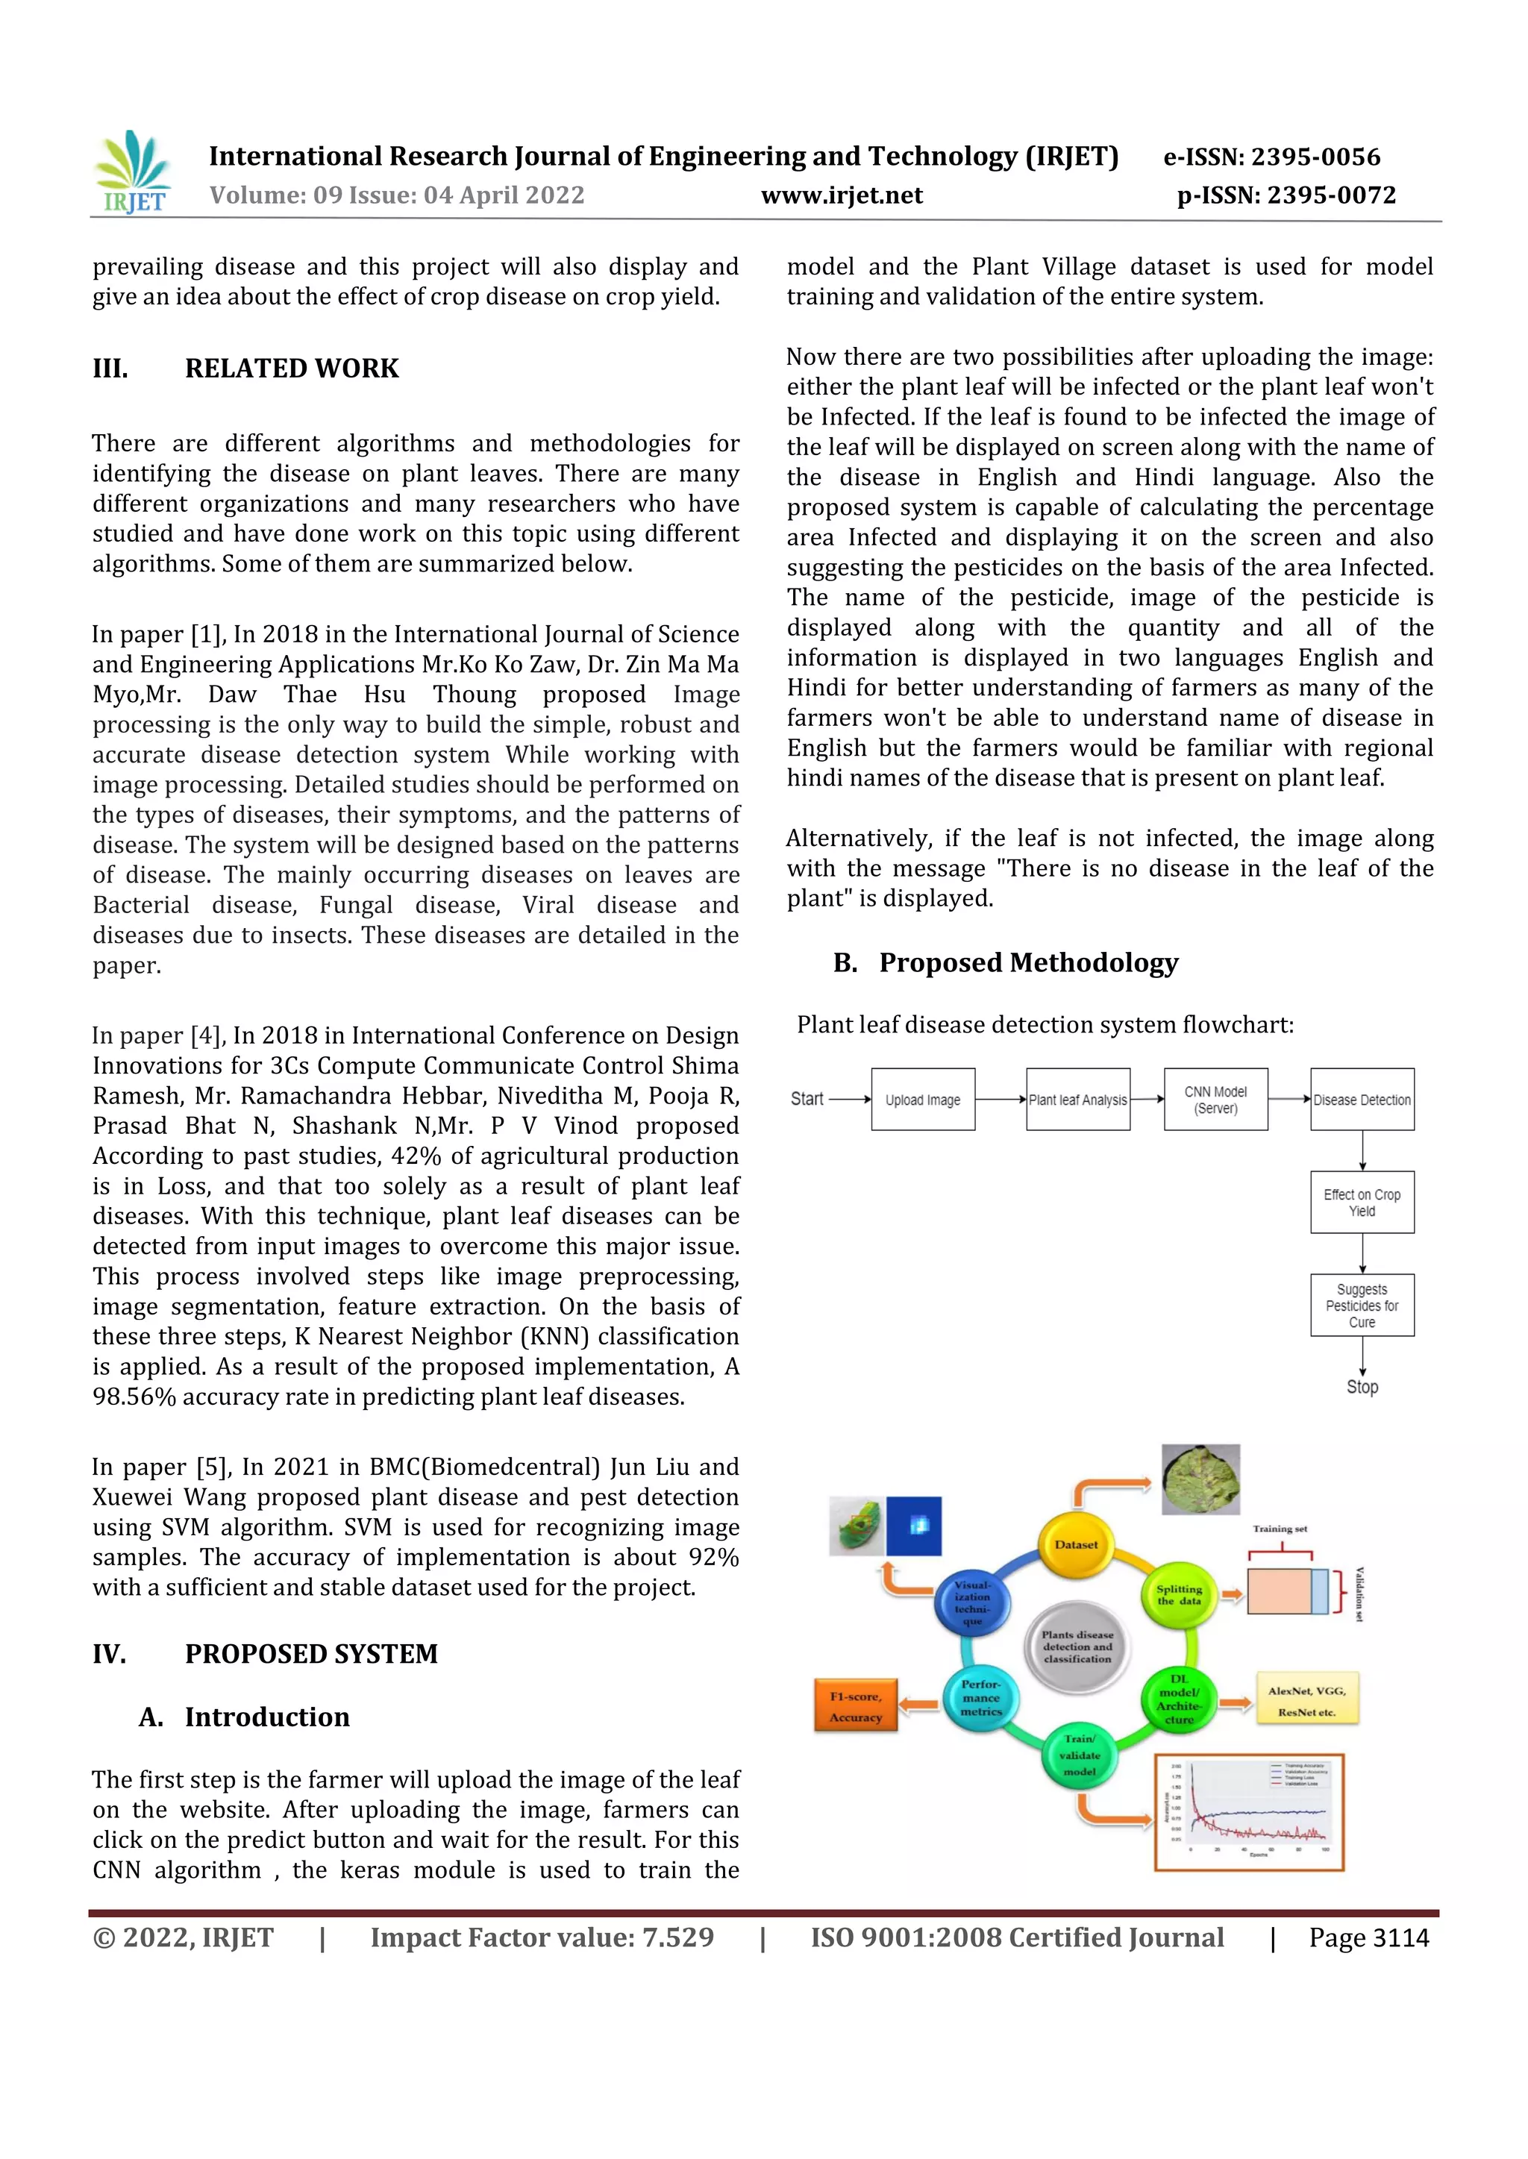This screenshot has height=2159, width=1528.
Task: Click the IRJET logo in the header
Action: [x=133, y=172]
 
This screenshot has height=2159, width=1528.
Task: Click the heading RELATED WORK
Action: [x=292, y=369]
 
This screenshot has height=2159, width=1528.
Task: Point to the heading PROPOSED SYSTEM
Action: [x=310, y=1654]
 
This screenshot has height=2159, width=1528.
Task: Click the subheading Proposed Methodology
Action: [x=1027, y=962]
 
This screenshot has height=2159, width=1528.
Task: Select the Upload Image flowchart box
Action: [x=922, y=1099]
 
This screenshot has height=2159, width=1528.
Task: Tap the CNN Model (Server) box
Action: [x=1215, y=1099]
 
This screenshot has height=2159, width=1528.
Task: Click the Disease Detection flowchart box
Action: [x=1362, y=1099]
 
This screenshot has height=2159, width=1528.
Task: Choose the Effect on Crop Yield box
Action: [x=1362, y=1203]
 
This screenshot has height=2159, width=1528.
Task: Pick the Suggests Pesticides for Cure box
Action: [x=1362, y=1305]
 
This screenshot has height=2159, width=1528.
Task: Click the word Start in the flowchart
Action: [x=807, y=1099]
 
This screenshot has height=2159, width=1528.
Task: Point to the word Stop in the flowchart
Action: [x=1362, y=1387]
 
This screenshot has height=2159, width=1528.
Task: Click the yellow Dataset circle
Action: [x=1075, y=1545]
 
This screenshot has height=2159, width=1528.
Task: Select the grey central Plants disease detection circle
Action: [x=1077, y=1646]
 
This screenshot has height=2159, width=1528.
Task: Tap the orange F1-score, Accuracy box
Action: [x=855, y=1705]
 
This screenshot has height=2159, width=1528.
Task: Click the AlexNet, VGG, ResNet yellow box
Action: [x=1307, y=1701]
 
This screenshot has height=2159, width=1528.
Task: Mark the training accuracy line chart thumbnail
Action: [x=1250, y=1812]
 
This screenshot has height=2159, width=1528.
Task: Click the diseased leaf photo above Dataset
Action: [x=1200, y=1480]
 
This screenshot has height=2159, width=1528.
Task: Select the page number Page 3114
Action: [x=1368, y=1938]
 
